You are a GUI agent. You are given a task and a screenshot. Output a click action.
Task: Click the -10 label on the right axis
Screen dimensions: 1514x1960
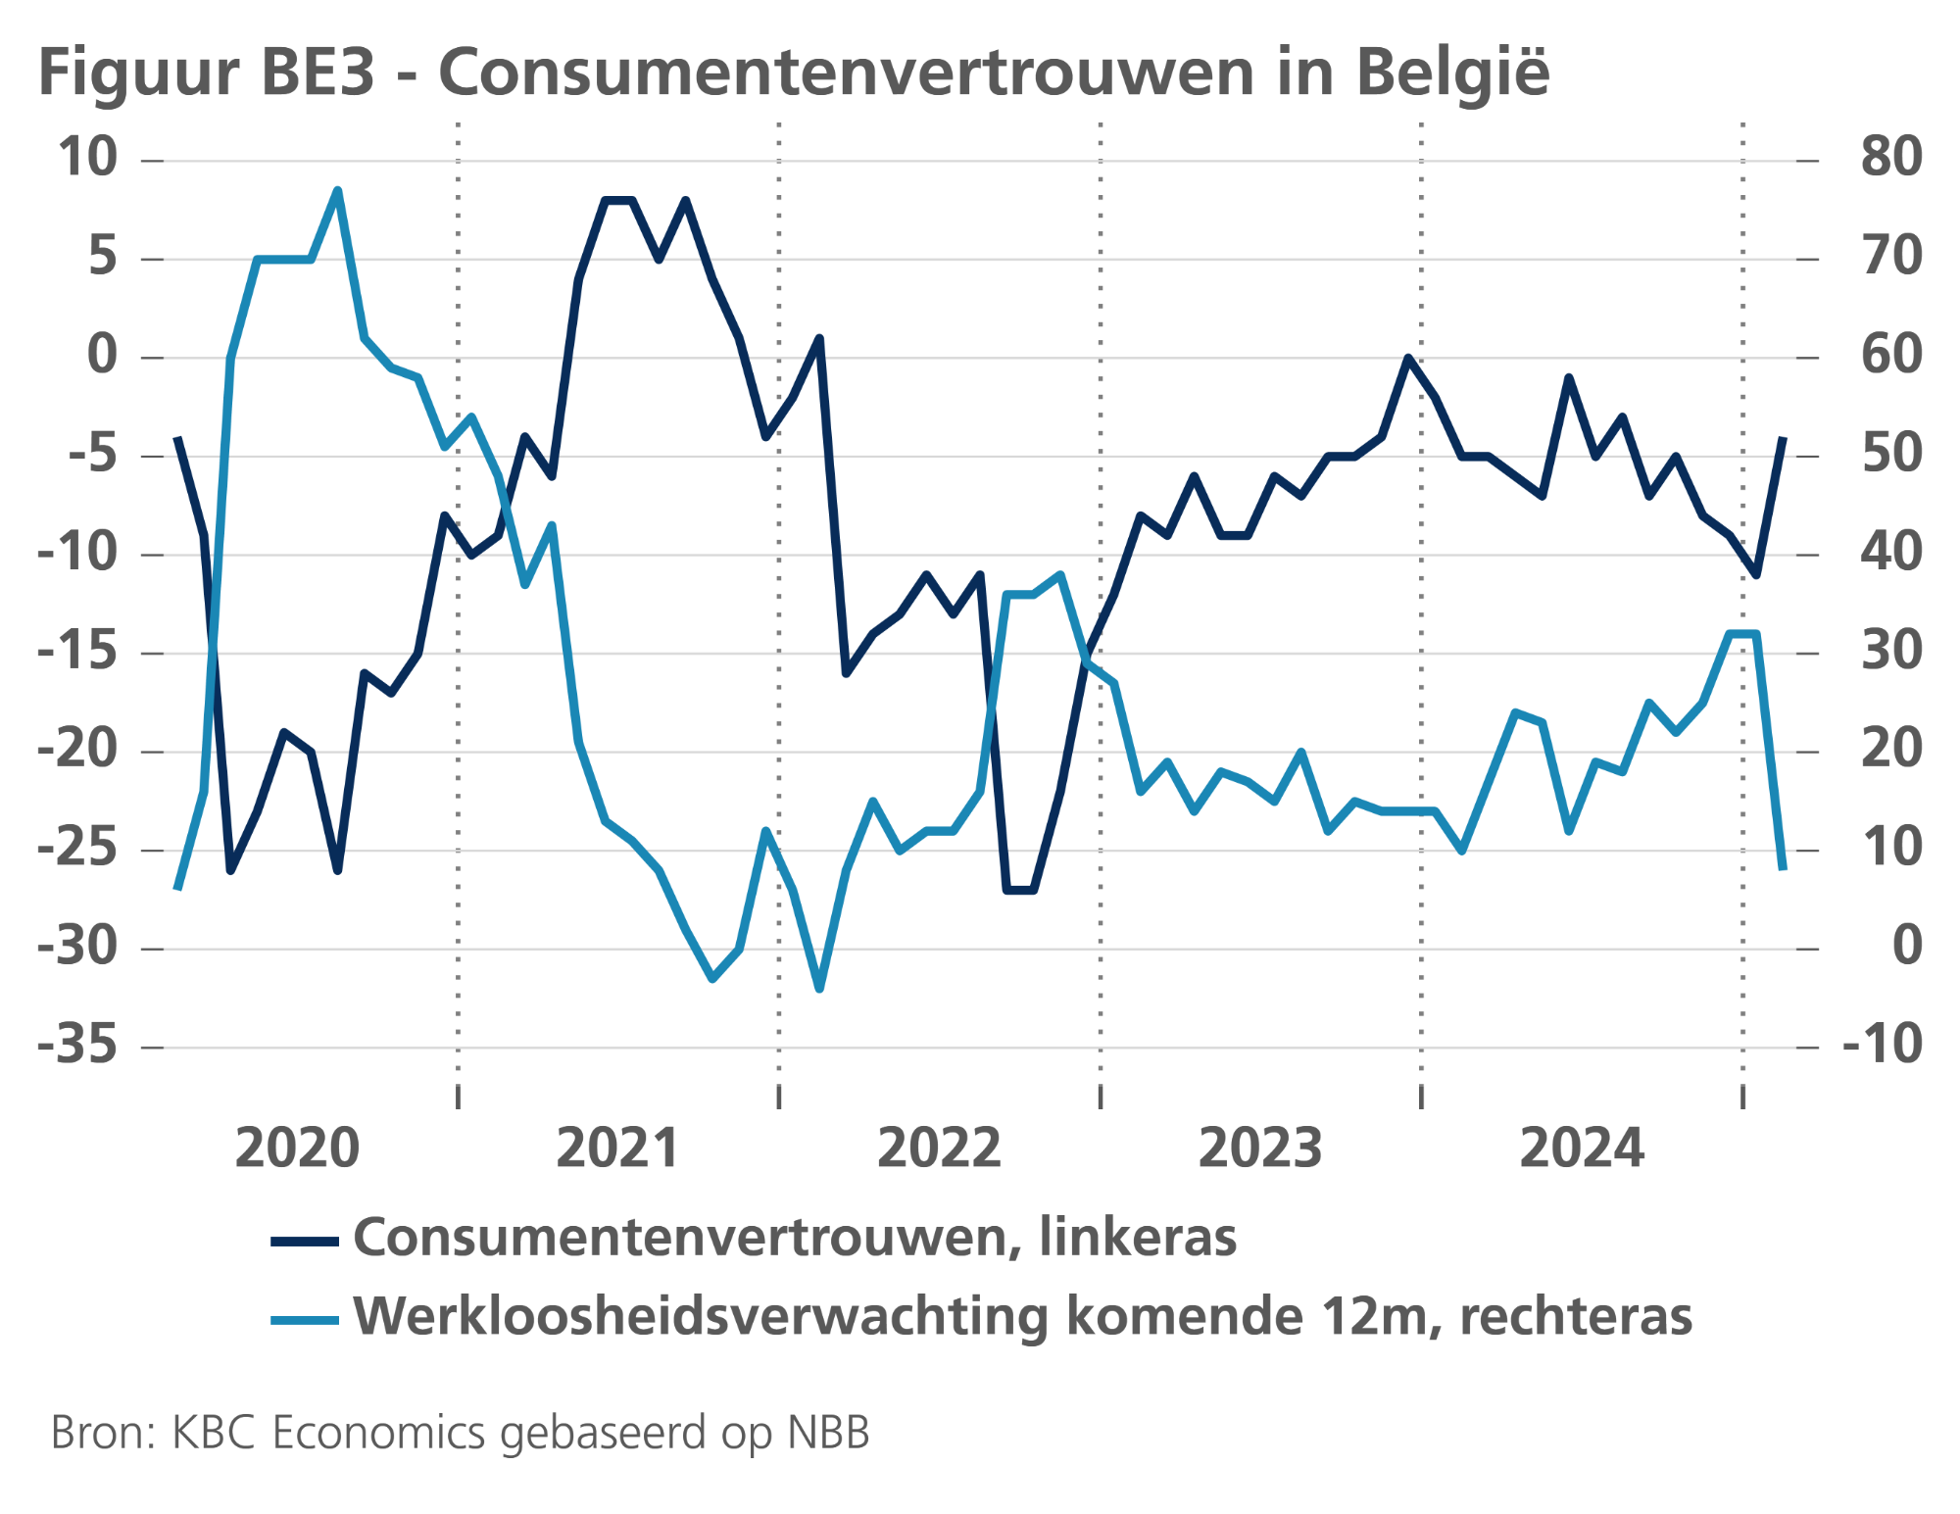tap(1883, 1045)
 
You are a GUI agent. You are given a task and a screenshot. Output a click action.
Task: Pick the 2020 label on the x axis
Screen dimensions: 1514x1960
tap(297, 1148)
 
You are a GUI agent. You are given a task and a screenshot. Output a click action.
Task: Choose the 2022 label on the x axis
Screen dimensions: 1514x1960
tap(939, 1148)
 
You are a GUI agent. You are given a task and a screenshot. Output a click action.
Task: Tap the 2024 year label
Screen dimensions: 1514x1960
tap(1581, 1148)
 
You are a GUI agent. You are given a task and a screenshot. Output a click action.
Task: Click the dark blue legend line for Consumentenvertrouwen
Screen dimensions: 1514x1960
tap(305, 1242)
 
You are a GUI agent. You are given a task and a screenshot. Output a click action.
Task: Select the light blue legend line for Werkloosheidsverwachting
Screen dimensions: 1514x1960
tap(305, 1320)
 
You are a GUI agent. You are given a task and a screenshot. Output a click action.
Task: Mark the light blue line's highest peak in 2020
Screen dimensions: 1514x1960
tap(337, 190)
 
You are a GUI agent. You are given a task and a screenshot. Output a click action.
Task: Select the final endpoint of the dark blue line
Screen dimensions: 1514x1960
tap(1783, 438)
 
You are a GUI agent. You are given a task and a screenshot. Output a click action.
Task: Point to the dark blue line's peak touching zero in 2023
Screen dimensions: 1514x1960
tap(1407, 358)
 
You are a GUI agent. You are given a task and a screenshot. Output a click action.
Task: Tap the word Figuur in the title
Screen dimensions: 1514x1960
tap(137, 73)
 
